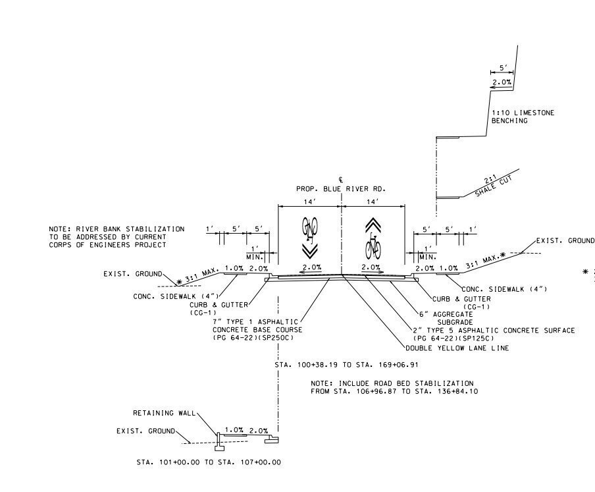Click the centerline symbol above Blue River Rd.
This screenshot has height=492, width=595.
point(342,180)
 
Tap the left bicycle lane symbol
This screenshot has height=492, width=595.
point(309,230)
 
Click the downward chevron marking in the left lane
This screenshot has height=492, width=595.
point(310,252)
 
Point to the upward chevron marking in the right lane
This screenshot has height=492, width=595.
point(373,225)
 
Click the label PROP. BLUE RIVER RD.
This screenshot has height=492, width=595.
point(341,188)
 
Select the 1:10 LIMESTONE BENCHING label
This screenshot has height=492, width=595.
point(523,117)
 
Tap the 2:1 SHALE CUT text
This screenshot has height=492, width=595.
point(492,185)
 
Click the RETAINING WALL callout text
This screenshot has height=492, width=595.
point(164,413)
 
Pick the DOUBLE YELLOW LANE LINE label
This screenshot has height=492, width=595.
point(457,348)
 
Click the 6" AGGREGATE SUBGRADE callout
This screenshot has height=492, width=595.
point(446,318)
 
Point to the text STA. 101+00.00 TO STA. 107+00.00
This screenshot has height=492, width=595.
point(209,462)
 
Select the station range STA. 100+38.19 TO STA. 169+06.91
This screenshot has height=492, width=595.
point(346,365)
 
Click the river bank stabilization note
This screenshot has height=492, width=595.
point(116,237)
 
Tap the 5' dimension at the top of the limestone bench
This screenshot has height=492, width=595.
point(502,68)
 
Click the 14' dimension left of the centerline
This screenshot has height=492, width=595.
point(309,202)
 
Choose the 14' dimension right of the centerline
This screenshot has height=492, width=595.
point(373,202)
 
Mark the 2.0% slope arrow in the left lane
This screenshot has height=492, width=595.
point(311,272)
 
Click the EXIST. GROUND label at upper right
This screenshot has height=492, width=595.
point(565,240)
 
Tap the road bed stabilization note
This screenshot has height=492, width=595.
point(394,387)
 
